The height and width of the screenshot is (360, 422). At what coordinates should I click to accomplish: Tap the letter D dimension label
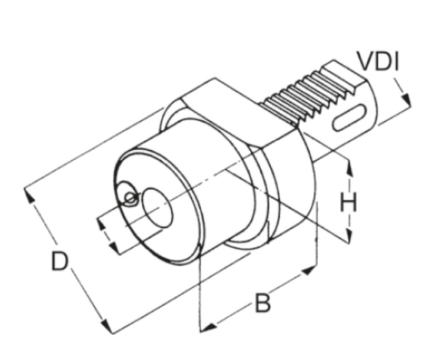pyautogui.click(x=59, y=260)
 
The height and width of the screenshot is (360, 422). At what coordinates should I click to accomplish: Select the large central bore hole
pyautogui.click(x=158, y=207)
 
